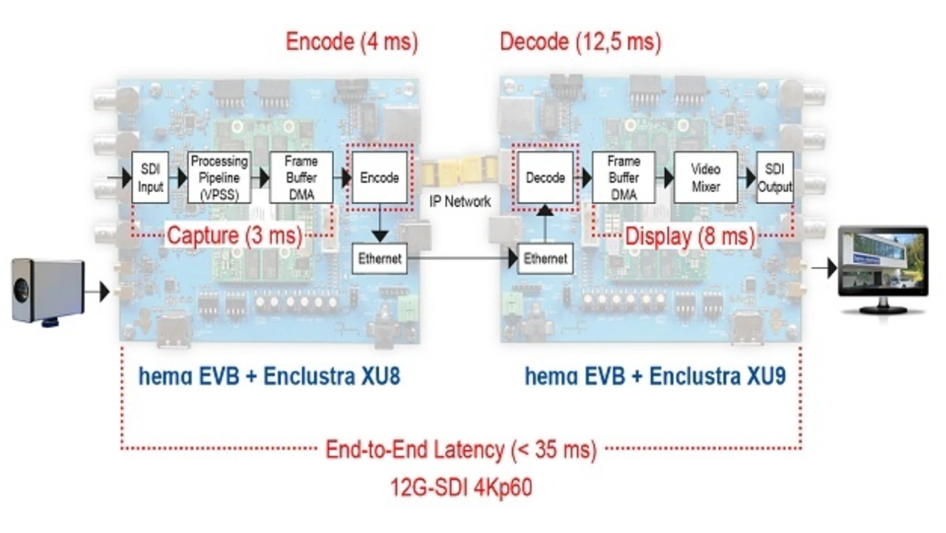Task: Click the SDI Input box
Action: click(151, 177)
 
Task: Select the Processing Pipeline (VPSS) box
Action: click(219, 177)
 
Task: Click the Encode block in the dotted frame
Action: click(379, 177)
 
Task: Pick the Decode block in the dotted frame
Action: click(545, 177)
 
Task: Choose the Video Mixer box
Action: click(705, 177)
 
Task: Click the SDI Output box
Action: click(775, 177)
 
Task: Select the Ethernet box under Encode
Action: click(380, 258)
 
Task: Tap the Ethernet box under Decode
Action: click(545, 258)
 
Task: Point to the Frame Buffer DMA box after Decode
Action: click(623, 177)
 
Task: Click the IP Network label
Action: click(460, 201)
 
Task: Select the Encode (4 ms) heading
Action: click(352, 41)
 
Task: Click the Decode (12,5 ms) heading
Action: click(580, 41)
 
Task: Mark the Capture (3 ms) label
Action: click(234, 237)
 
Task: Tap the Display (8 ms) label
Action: click(690, 237)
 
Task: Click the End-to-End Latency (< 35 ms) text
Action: click(460, 449)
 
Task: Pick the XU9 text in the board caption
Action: click(765, 376)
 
